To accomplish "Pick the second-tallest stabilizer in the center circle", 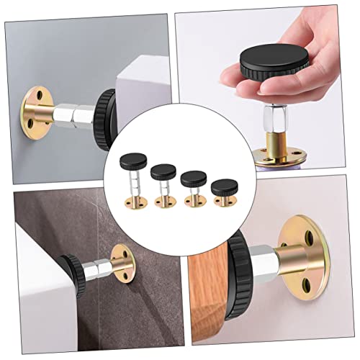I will (x=163, y=184).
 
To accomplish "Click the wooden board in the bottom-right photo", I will (x=216, y=288).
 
